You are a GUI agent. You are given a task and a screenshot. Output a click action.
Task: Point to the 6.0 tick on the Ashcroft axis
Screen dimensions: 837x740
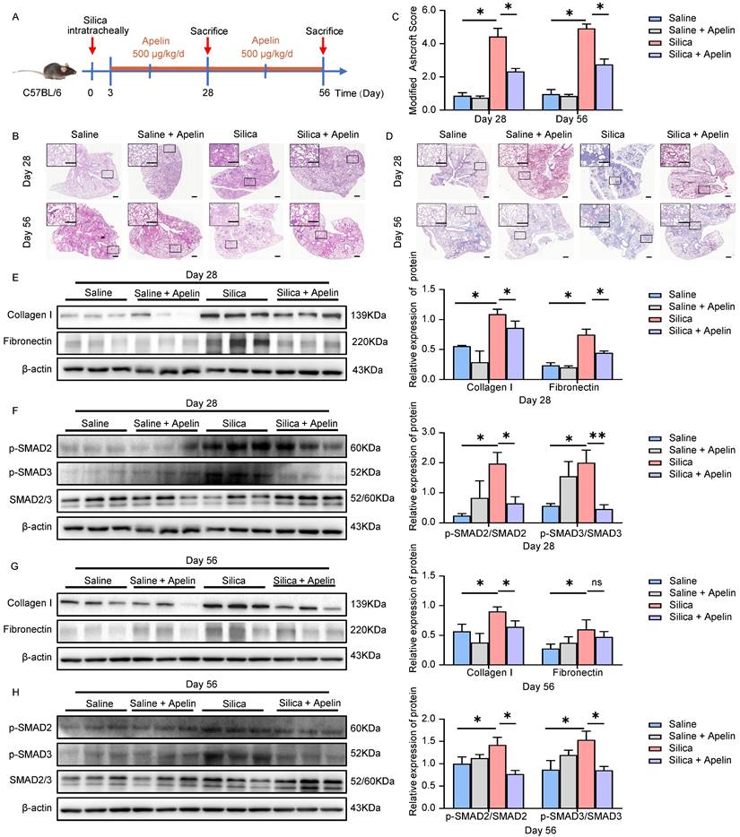(x=450, y=11)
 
